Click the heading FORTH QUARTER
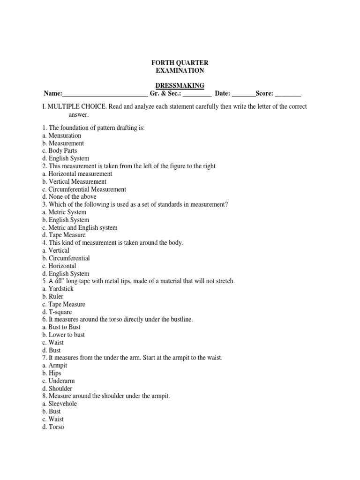click(x=180, y=62)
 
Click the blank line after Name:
click(x=105, y=93)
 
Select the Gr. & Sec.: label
click(x=165, y=93)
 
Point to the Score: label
click(x=264, y=93)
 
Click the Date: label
click(x=223, y=93)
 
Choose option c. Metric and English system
click(x=80, y=227)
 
